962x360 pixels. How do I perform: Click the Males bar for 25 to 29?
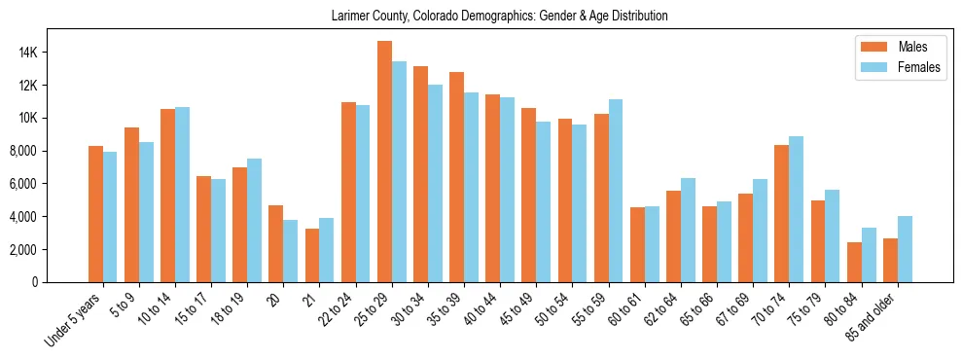[x=384, y=162]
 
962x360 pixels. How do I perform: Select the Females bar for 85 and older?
[x=905, y=249]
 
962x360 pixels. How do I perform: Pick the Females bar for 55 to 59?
[x=616, y=191]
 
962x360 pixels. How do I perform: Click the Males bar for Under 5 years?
[x=95, y=214]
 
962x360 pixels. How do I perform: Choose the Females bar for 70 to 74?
[x=796, y=209]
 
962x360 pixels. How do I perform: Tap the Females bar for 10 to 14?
[x=182, y=195]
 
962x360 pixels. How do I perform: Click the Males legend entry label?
[x=912, y=47]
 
